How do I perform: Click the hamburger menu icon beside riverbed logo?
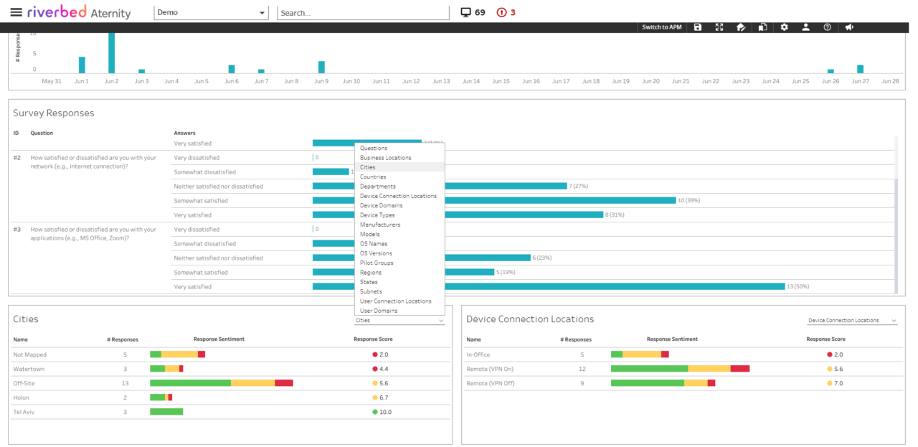click(16, 12)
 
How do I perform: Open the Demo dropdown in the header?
click(211, 13)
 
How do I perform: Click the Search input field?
click(362, 13)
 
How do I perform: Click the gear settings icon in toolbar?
click(784, 27)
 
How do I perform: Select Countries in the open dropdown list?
click(373, 177)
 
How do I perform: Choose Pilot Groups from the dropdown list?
click(377, 263)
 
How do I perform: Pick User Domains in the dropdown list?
click(379, 311)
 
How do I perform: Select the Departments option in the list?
click(377, 187)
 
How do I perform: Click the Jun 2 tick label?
click(111, 81)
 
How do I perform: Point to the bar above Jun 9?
click(321, 67)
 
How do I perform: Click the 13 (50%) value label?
click(798, 287)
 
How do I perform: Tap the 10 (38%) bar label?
click(689, 201)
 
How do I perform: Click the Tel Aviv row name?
click(24, 412)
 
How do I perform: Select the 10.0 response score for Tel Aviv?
click(386, 412)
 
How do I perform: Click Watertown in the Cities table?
click(29, 369)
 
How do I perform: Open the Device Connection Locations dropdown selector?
click(852, 321)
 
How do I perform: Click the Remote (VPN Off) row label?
click(490, 383)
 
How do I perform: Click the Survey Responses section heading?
click(54, 113)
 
